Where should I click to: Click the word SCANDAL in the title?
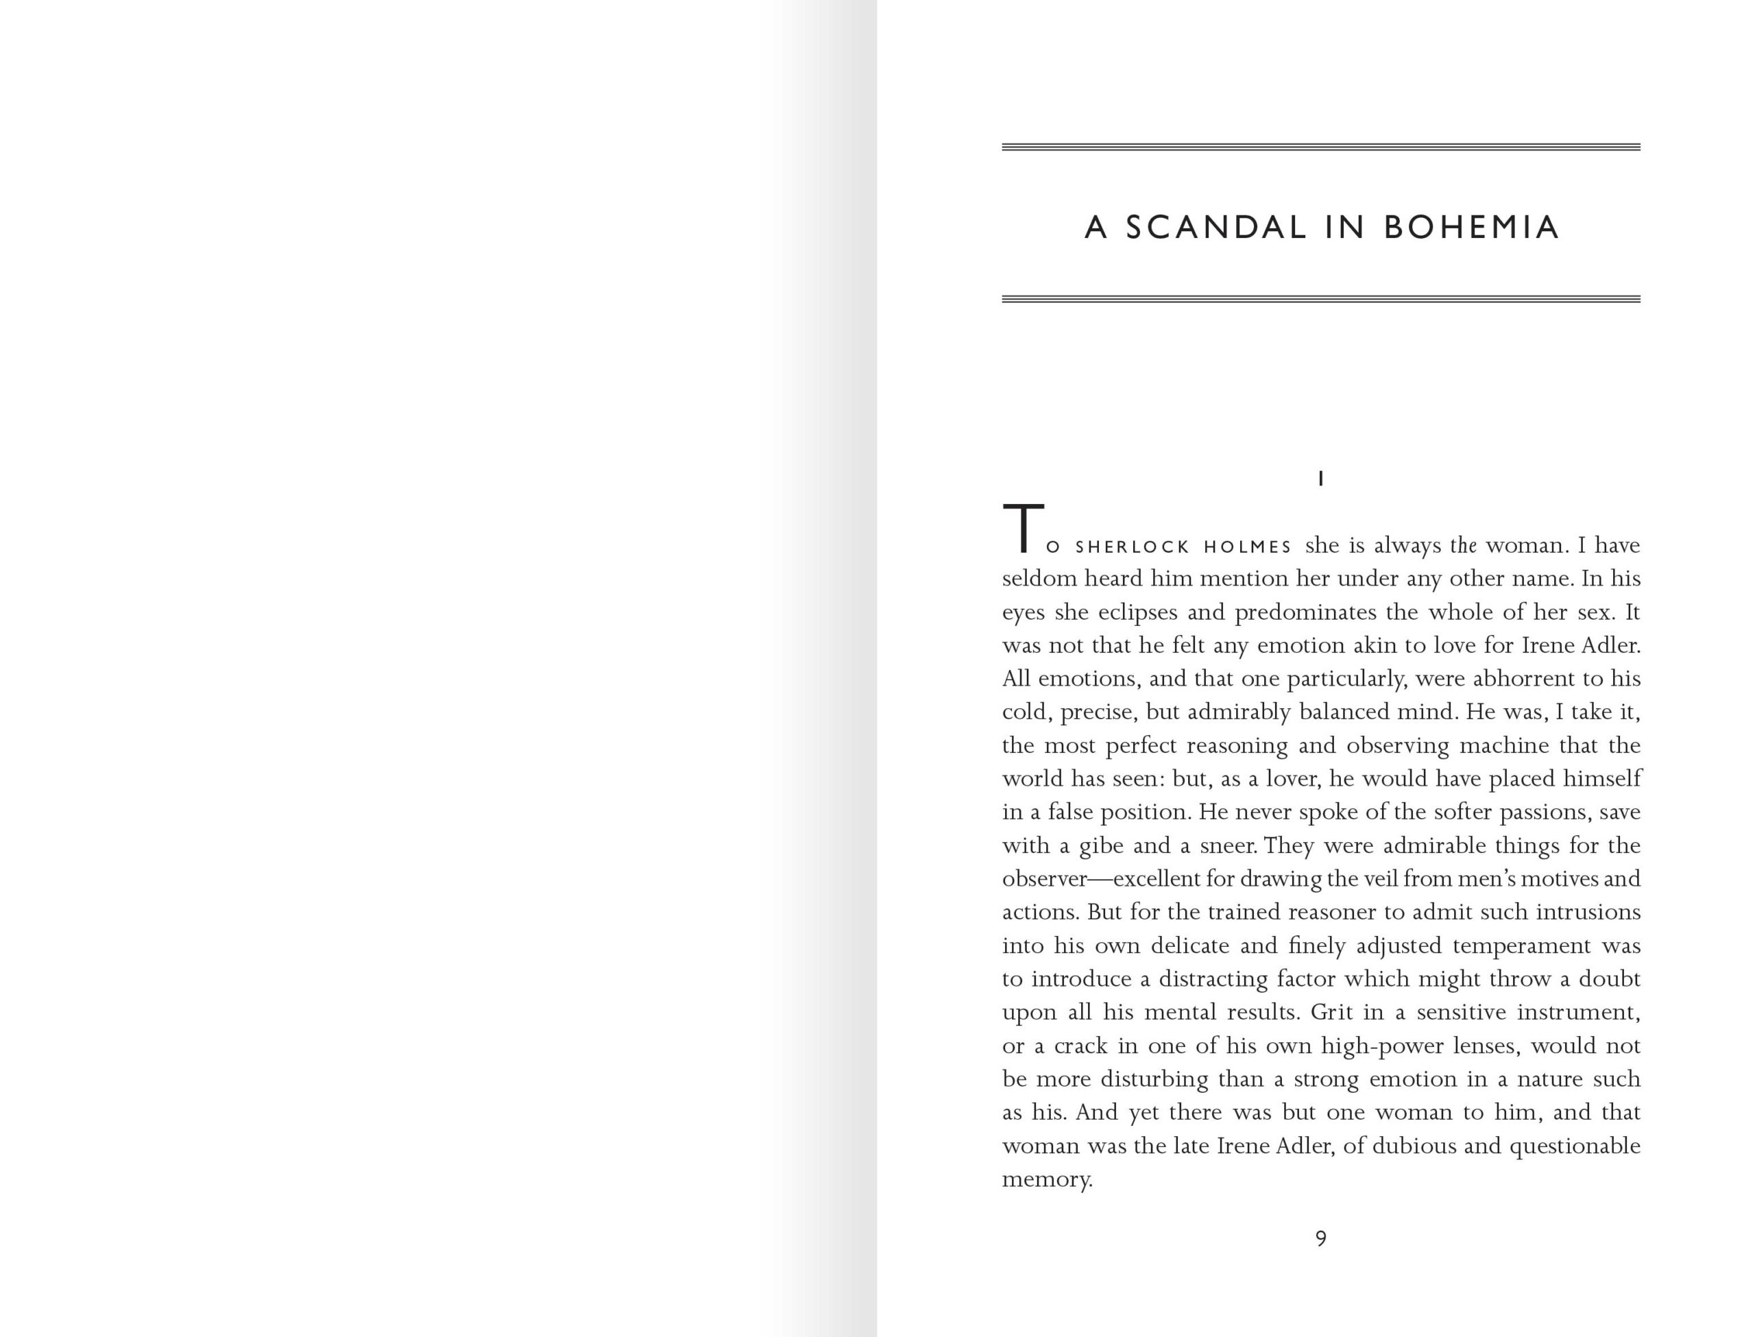[1215, 228]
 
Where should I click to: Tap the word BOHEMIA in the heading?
[1471, 228]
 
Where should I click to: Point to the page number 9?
[1320, 1238]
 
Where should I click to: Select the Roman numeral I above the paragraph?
[1320, 479]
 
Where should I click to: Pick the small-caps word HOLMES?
[1248, 548]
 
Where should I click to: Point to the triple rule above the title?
[1320, 147]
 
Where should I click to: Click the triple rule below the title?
[1320, 299]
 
